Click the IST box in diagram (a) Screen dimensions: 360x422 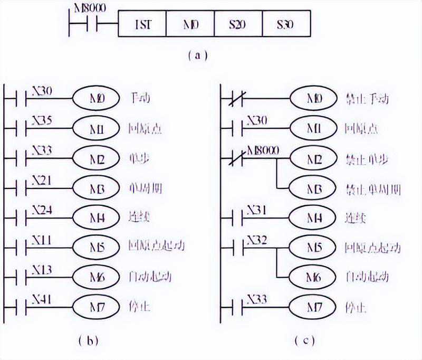[x=142, y=24]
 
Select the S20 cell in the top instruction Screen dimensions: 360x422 [x=237, y=24]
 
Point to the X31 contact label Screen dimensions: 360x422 [x=257, y=209]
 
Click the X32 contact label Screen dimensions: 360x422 [x=257, y=239]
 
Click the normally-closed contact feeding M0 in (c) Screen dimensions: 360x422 [x=233, y=99]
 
